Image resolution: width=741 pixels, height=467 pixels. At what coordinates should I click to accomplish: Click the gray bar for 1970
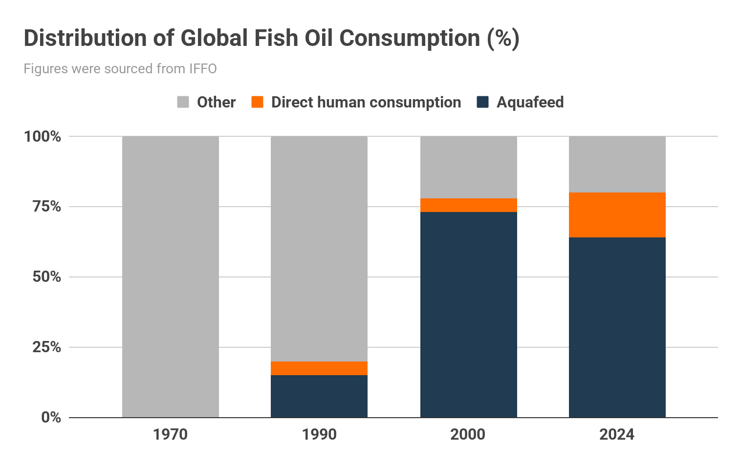[171, 276]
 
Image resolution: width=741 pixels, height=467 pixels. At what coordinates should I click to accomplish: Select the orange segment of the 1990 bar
[319, 368]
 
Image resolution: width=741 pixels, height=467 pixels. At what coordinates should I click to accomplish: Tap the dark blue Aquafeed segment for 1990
[319, 396]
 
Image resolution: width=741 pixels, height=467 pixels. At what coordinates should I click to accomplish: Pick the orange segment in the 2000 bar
[468, 205]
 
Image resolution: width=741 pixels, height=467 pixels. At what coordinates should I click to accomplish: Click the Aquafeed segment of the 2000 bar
[468, 315]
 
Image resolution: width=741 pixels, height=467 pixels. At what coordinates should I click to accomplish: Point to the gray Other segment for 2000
[468, 167]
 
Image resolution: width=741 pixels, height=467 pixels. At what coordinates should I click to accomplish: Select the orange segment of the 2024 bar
[617, 215]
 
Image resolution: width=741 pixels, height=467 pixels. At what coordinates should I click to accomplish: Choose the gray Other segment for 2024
[617, 164]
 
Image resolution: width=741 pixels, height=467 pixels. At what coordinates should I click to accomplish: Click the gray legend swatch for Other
[183, 102]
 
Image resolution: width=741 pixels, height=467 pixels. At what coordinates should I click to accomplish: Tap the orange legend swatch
[257, 102]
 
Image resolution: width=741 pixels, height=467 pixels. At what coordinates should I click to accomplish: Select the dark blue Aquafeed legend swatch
[482, 102]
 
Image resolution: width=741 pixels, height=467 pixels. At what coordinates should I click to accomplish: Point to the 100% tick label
[43, 136]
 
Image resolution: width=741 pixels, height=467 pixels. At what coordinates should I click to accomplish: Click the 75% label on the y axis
[46, 207]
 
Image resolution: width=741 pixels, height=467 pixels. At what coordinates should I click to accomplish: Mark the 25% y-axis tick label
[46, 347]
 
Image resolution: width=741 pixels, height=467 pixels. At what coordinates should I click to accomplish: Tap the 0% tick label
[51, 418]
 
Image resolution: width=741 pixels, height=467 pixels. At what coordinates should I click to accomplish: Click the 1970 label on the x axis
[170, 434]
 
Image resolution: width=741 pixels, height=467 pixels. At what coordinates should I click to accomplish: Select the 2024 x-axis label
[617, 434]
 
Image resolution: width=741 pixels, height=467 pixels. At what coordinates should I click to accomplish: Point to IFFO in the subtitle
[203, 69]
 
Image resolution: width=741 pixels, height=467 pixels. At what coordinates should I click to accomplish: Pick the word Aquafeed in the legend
[530, 103]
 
